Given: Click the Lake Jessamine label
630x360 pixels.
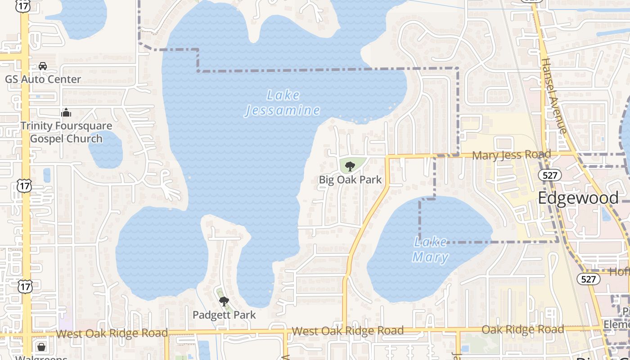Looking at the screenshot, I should pyautogui.click(x=283, y=103).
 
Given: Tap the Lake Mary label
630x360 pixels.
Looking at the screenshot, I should pyautogui.click(x=431, y=250).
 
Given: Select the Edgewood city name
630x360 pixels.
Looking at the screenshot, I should pyautogui.click(x=578, y=198).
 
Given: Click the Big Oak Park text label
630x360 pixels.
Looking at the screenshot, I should pyautogui.click(x=350, y=180).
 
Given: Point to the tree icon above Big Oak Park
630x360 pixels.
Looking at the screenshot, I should pyautogui.click(x=350, y=167).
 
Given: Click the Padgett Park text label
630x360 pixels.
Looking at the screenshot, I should pyautogui.click(x=224, y=315).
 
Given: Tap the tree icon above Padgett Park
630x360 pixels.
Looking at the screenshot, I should pyautogui.click(x=224, y=301).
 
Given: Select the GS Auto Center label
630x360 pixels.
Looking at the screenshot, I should pyautogui.click(x=43, y=79).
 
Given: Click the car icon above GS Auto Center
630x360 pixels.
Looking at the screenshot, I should pyautogui.click(x=43, y=66).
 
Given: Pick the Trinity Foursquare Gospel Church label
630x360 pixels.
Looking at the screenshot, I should pyautogui.click(x=66, y=132).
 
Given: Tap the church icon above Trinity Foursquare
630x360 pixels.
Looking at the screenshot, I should pyautogui.click(x=66, y=112).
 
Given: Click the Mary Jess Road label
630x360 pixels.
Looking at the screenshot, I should pyautogui.click(x=512, y=155).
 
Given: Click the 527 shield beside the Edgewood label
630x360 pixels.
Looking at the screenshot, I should pyautogui.click(x=550, y=175).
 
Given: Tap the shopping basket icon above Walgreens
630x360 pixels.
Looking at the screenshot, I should pyautogui.click(x=41, y=347).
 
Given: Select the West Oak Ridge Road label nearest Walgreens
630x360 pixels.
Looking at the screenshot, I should pyautogui.click(x=112, y=333).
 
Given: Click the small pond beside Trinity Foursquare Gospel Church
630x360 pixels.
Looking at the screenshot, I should pyautogui.click(x=106, y=149).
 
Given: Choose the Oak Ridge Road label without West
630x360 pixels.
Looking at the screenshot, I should pyautogui.click(x=522, y=329).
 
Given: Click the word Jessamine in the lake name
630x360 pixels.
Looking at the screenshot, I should pyautogui.click(x=283, y=110).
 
